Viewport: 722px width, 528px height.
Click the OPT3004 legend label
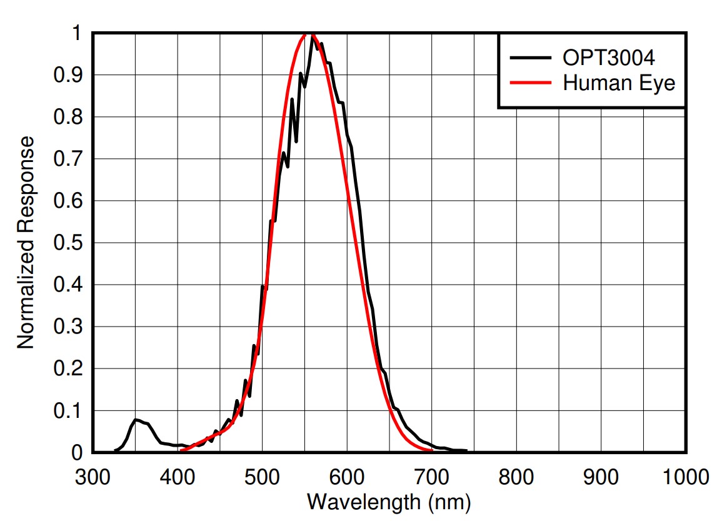click(x=608, y=58)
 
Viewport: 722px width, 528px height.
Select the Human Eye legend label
click(x=619, y=82)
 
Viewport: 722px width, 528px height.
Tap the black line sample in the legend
click(x=532, y=58)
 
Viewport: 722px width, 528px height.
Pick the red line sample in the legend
click(x=532, y=82)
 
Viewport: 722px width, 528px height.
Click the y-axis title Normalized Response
click(x=26, y=243)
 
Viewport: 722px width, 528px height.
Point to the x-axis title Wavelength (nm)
click(x=388, y=502)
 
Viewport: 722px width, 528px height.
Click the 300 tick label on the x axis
click(x=93, y=477)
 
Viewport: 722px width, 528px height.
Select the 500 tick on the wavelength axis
click(x=263, y=477)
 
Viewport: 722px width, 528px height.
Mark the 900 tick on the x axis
click(x=601, y=477)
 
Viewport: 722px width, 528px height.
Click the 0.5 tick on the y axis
click(x=69, y=243)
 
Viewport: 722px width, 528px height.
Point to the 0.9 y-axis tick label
click(x=69, y=75)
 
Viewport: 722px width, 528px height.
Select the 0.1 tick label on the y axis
click(x=69, y=411)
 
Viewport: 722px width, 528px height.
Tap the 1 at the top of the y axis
click(x=76, y=33)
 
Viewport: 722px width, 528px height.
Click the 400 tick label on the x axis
click(x=178, y=477)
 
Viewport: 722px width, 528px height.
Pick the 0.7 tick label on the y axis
click(x=69, y=159)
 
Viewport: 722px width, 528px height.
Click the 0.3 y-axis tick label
click(x=69, y=327)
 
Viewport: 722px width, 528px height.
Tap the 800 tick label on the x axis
click(x=516, y=477)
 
